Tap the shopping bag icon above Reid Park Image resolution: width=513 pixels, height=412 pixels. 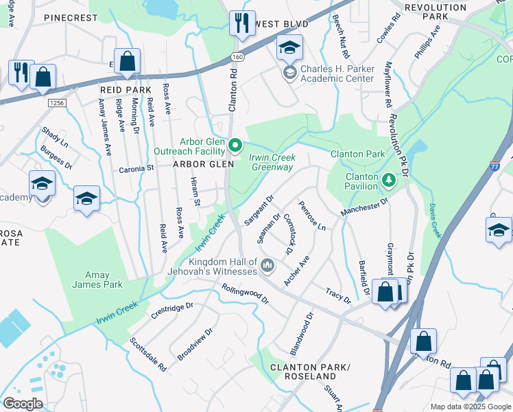pyautogui.click(x=128, y=60)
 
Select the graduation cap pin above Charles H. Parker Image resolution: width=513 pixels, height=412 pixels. pyautogui.click(x=289, y=47)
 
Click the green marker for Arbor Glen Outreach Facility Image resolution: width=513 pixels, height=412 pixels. pyautogui.click(x=236, y=145)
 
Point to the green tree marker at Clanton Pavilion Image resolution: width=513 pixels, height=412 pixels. pyautogui.click(x=389, y=180)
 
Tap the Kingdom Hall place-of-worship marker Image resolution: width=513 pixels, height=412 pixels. pyautogui.click(x=267, y=264)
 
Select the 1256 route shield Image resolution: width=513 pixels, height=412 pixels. pyautogui.click(x=57, y=102)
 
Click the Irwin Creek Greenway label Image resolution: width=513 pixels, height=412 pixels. pyautogui.click(x=272, y=162)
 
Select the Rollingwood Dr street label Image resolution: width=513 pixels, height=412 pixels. pyautogui.click(x=246, y=293)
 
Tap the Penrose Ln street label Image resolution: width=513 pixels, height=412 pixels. pyautogui.click(x=311, y=216)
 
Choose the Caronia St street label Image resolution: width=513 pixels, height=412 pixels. pyautogui.click(x=136, y=168)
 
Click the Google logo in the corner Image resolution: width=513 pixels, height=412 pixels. pyautogui.click(x=23, y=404)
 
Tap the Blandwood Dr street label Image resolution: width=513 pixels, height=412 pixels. pyautogui.click(x=301, y=334)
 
